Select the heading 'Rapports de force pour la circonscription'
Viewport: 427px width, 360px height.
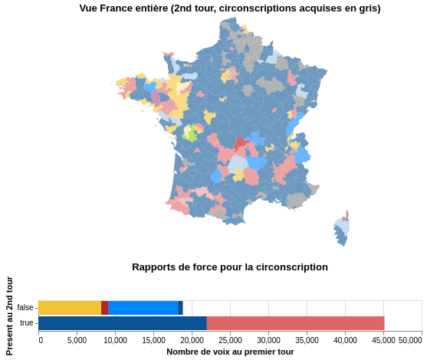pyautogui.click(x=229, y=267)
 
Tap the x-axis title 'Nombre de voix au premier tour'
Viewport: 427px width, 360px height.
pyautogui.click(x=230, y=352)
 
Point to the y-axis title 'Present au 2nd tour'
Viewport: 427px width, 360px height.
pyautogui.click(x=9, y=315)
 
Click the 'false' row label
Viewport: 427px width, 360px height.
pyautogui.click(x=25, y=308)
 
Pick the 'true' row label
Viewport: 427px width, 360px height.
pyautogui.click(x=27, y=323)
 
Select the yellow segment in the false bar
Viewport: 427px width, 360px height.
pyautogui.click(x=69, y=308)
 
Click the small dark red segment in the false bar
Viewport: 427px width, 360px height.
pyautogui.click(x=104, y=308)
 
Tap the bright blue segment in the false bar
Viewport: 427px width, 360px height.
pyautogui.click(x=143, y=308)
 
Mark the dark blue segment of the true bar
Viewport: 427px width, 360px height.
pyautogui.click(x=123, y=323)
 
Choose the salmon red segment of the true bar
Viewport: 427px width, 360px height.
pyautogui.click(x=295, y=323)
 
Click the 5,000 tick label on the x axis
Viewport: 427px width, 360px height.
pyautogui.click(x=77, y=340)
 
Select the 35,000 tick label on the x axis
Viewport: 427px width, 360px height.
pyautogui.click(x=307, y=340)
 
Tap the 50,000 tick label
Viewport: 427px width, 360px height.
pyautogui.click(x=410, y=340)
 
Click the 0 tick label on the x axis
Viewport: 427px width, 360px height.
pyautogui.click(x=41, y=340)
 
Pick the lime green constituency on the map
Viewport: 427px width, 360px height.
pyautogui.click(x=189, y=135)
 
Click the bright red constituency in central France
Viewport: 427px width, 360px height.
pyautogui.click(x=241, y=143)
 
